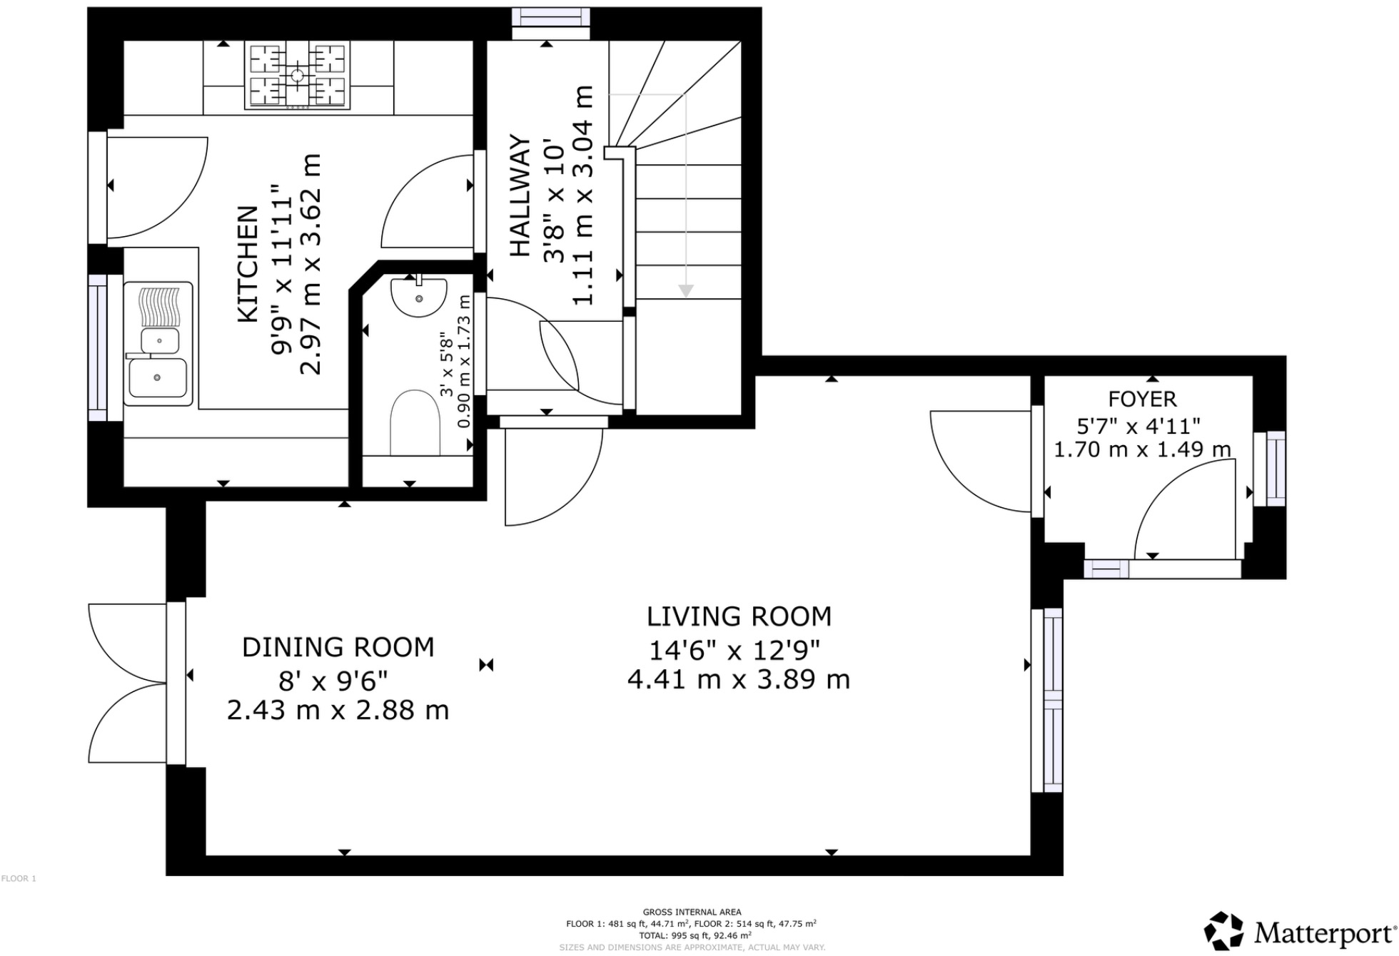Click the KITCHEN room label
(x=247, y=264)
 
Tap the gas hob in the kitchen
(x=298, y=75)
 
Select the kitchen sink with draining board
(x=158, y=344)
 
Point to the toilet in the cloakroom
(x=415, y=422)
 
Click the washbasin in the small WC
(x=418, y=296)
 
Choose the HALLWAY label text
(x=520, y=195)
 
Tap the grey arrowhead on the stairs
(x=686, y=291)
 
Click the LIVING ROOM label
(x=739, y=616)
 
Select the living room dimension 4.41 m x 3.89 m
(x=739, y=679)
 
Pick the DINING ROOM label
(x=338, y=647)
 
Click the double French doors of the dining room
(x=128, y=683)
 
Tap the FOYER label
(x=1142, y=399)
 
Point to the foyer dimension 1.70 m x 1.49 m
(x=1142, y=449)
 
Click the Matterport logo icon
(x=1223, y=931)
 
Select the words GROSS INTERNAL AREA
(x=692, y=912)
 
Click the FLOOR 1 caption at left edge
(x=19, y=878)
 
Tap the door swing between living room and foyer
(x=978, y=460)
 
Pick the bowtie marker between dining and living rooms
(x=486, y=665)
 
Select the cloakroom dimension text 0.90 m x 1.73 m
(x=464, y=362)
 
